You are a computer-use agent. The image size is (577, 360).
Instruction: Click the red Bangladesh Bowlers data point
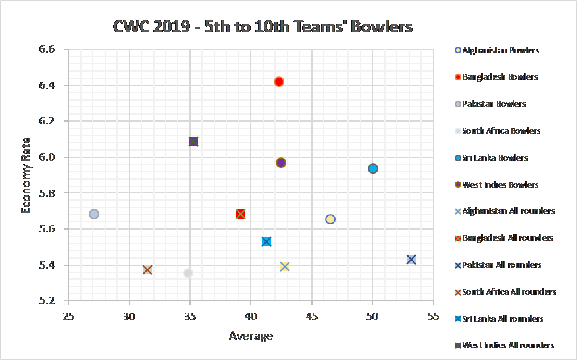point(279,82)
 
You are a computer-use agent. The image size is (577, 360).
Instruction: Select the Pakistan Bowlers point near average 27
point(94,214)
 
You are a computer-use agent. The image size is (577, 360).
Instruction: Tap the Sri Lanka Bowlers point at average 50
point(373,168)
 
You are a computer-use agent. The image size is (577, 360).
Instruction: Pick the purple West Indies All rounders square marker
point(193,141)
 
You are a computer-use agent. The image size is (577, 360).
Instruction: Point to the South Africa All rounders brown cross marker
point(147,270)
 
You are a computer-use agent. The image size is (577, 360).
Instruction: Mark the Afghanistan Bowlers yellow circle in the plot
point(330,219)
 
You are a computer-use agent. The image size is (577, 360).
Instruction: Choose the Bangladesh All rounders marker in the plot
point(241,214)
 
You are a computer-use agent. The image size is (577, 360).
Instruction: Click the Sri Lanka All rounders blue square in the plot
point(266,242)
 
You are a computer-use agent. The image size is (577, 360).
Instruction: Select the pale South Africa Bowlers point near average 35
point(188,273)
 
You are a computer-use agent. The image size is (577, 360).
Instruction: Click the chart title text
point(262,27)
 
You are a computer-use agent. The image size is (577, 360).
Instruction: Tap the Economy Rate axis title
point(26,176)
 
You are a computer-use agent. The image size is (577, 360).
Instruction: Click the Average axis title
point(251,336)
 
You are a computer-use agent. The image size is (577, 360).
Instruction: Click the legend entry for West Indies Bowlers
point(501,184)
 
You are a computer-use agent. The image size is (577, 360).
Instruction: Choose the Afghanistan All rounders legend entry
point(508,211)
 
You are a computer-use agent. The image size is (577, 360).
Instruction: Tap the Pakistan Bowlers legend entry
point(494,104)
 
